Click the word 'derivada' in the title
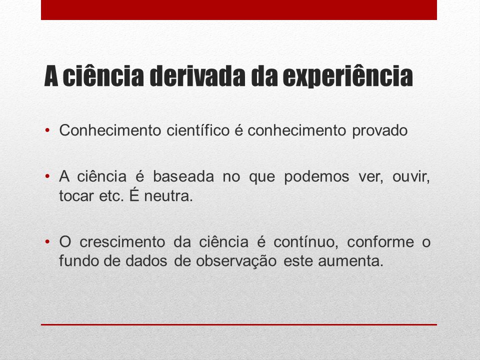(197, 76)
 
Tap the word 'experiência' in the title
(348, 76)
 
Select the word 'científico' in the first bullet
(198, 130)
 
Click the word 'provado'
(380, 131)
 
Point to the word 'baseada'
(183, 176)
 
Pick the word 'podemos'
(316, 177)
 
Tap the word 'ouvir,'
(411, 177)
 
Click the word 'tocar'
(76, 196)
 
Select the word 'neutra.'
(168, 196)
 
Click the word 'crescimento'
(122, 242)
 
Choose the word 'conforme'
(380, 242)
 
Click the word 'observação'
(236, 261)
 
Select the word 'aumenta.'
(350, 261)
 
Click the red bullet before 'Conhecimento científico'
(47, 130)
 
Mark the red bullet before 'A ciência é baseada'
(47, 176)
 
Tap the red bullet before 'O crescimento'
(47, 242)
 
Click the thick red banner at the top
(239, 10)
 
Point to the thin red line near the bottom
(239, 324)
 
